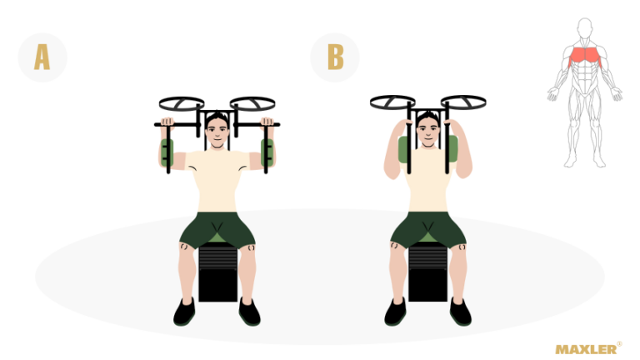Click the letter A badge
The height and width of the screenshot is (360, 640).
[x=42, y=57]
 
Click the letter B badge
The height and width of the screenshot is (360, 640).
[x=335, y=57]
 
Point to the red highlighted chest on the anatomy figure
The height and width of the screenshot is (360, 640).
[x=584, y=57]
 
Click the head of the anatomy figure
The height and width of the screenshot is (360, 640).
[x=585, y=27]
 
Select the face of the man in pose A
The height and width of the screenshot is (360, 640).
[x=217, y=132]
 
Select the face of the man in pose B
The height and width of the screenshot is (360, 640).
[x=428, y=132]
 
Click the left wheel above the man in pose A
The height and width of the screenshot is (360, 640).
[x=182, y=103]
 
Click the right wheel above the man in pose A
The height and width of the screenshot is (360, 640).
[x=252, y=103]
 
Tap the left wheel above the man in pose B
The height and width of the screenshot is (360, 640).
[x=392, y=102]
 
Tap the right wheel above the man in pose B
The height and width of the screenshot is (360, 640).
[x=463, y=102]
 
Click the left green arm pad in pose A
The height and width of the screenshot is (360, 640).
[x=167, y=152]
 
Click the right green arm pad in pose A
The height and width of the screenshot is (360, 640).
[x=267, y=152]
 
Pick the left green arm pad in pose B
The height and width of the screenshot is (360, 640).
[x=403, y=150]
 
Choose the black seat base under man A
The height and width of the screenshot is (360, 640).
[x=217, y=272]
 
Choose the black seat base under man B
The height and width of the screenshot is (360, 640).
[x=428, y=272]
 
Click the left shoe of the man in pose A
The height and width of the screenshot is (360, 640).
[x=184, y=312]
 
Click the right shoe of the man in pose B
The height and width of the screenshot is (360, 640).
[x=460, y=312]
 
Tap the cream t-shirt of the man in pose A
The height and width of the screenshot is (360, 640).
[x=217, y=180]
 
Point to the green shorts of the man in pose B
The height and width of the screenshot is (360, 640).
[x=428, y=230]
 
